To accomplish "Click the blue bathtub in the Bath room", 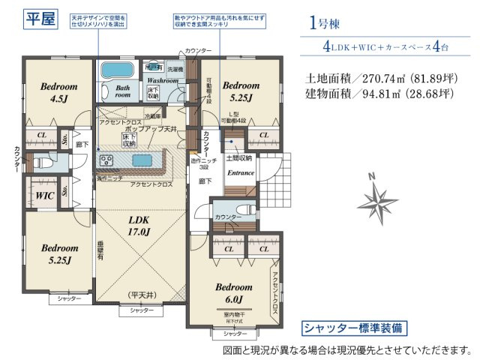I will pyautogui.click(x=115, y=70).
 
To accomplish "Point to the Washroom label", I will pyautogui.click(x=162, y=79).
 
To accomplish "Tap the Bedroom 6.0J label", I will pyautogui.click(x=235, y=293).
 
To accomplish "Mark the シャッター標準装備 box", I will pyautogui.click(x=355, y=328).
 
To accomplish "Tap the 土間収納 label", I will pyautogui.click(x=239, y=157).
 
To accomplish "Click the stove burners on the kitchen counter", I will pyautogui.click(x=106, y=160).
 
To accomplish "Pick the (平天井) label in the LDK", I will pyautogui.click(x=140, y=294).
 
